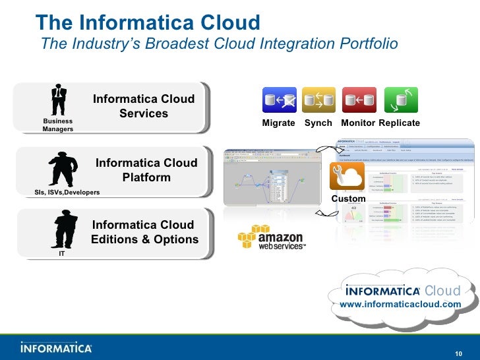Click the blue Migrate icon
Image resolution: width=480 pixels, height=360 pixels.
279,100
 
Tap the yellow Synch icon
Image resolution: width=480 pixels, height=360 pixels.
318,100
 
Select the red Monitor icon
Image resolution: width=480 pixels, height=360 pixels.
359,100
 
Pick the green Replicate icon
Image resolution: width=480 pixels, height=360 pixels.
400,100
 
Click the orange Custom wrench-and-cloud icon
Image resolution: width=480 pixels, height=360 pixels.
347,177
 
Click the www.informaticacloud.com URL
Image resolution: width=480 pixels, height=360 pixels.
400,304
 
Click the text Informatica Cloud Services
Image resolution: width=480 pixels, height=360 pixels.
144,106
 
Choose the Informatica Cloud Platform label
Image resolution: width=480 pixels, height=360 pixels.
146,170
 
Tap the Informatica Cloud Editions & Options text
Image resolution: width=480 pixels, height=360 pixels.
144,232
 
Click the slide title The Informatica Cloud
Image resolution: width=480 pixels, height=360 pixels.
148,22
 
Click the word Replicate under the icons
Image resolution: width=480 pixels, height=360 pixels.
400,123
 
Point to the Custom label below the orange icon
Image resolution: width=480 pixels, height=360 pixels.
348,198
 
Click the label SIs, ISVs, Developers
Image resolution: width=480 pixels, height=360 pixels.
67,192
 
